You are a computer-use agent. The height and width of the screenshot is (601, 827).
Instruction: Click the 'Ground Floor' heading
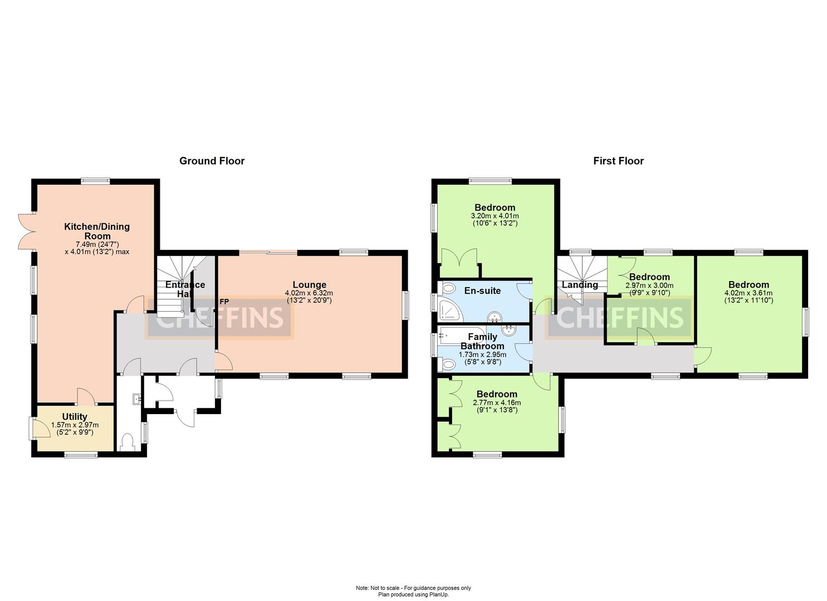pyautogui.click(x=212, y=161)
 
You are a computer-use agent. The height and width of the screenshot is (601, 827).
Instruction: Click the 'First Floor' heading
pyautogui.click(x=618, y=161)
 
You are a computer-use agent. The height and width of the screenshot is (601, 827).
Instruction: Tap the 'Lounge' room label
pyautogui.click(x=309, y=285)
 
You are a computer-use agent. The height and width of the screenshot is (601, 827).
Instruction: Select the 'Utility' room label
pyautogui.click(x=75, y=417)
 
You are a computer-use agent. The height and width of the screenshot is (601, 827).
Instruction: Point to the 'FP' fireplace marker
pyautogui.click(x=224, y=302)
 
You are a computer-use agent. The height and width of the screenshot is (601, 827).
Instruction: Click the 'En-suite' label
pyautogui.click(x=482, y=290)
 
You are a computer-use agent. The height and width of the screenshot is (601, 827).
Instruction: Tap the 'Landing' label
pyautogui.click(x=580, y=285)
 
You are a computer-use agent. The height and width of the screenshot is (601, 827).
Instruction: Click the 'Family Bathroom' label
pyautogui.click(x=482, y=341)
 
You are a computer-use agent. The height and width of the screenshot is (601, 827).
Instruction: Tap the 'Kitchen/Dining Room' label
pyautogui.click(x=97, y=231)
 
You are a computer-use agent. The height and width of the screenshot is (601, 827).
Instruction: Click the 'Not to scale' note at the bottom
pyautogui.click(x=413, y=588)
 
